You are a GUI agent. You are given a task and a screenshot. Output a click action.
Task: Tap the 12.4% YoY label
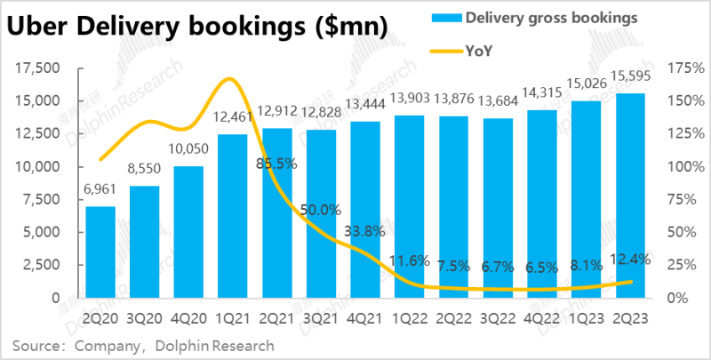631,259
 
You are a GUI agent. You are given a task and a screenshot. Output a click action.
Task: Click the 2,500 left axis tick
40,265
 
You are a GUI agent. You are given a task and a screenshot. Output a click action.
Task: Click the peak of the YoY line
229,79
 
